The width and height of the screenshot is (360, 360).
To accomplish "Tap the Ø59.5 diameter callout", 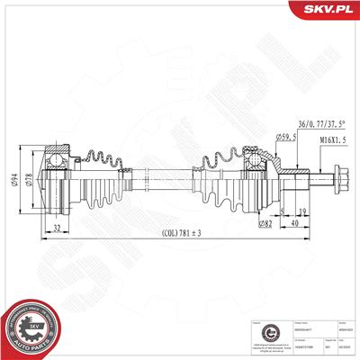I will pos(286,136).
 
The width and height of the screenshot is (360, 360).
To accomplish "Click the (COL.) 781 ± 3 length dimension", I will pos(182,233).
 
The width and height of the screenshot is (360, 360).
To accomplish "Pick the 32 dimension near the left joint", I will pos(57,228).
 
